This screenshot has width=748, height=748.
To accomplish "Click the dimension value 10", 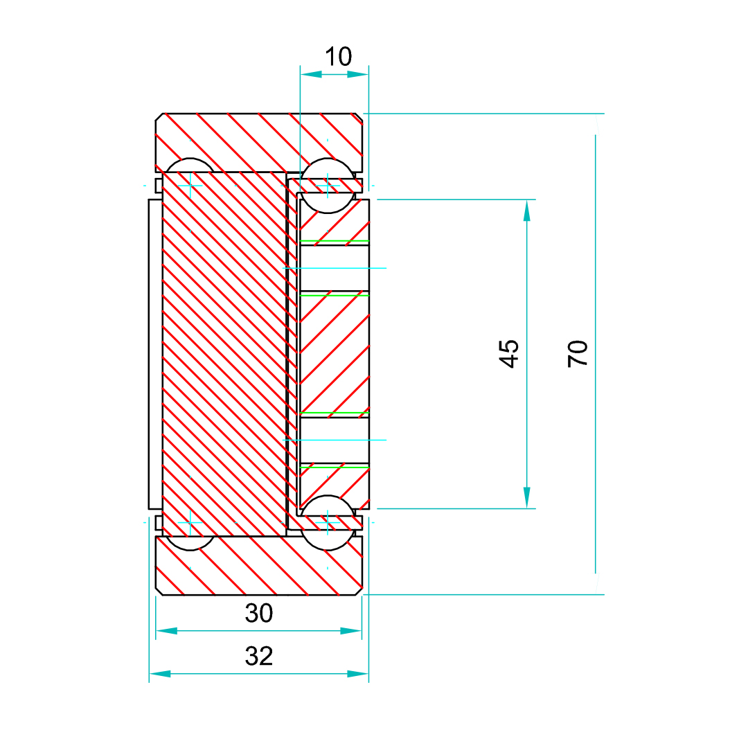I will tap(339, 57).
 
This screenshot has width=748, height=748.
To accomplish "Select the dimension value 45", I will tap(509, 353).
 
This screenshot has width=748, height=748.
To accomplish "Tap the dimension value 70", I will tap(578, 353).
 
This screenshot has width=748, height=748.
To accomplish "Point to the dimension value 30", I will tap(259, 613).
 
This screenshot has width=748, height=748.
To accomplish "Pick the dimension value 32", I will tap(259, 656).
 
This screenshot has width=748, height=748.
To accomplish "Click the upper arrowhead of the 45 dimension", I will tap(527, 210).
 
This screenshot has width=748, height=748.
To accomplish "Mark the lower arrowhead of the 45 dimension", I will tap(527, 497).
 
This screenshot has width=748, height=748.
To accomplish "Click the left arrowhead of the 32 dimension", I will tap(160, 673).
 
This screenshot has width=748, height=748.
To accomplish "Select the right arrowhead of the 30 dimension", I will tap(351, 631).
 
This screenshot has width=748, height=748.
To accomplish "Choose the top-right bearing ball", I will tap(328, 185).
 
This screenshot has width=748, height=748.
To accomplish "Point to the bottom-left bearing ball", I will tap(190, 542).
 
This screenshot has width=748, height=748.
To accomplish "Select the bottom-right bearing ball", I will tap(328, 522).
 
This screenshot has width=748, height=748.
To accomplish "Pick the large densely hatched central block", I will tap(224, 353).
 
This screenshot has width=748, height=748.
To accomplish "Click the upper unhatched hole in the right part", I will tap(334, 267).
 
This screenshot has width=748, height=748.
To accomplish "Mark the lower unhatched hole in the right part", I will tap(334, 440).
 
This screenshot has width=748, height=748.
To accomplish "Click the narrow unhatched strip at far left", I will tap(155, 353).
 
